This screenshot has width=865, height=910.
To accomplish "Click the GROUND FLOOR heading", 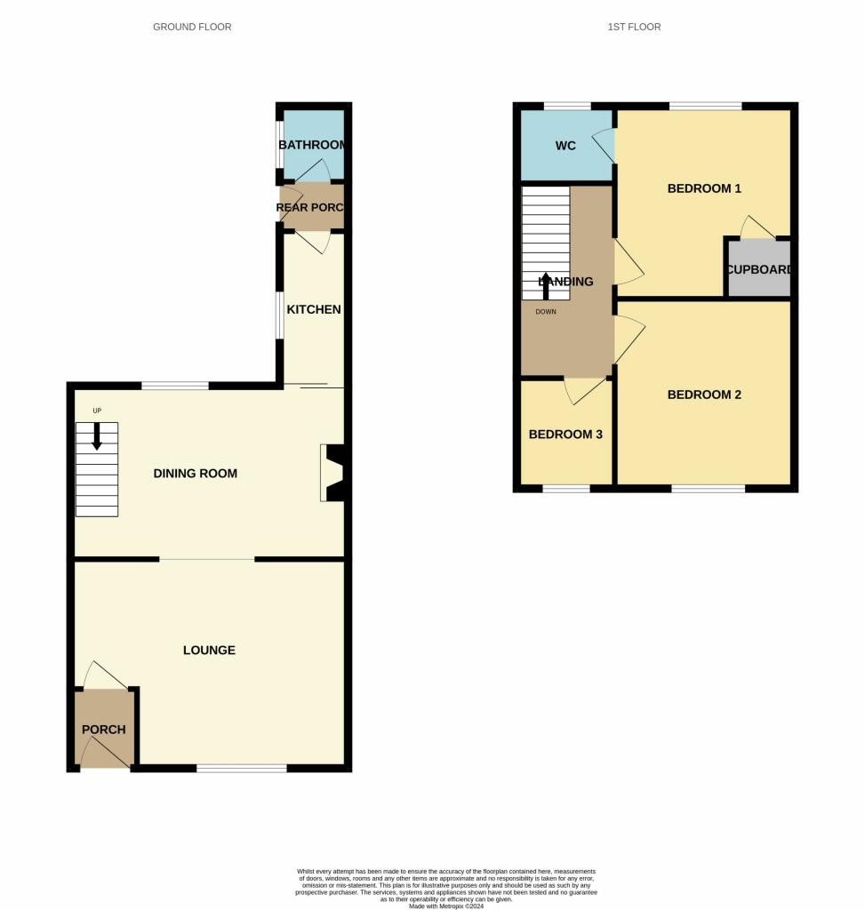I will coord(192,28).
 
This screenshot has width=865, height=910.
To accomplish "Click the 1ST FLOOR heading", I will coord(634,28).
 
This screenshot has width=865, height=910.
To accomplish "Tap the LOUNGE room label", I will coord(209,651).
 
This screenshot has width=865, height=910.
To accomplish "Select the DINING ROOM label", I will coord(196,474).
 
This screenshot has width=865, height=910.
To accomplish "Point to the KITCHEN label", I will coord(313,310).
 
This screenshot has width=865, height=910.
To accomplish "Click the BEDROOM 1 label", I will coord(704,188).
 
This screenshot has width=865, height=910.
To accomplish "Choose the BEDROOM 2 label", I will coord(704,395).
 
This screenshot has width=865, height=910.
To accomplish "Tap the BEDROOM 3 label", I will coord(565,435).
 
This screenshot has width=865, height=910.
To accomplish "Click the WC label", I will coord(565,146).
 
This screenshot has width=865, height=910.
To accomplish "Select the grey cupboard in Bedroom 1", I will coord(758,269).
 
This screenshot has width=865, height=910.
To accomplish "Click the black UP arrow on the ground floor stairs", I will coord(97,435).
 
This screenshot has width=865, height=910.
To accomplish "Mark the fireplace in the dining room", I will coord(335,473).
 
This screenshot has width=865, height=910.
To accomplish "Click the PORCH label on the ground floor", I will coord(104,730).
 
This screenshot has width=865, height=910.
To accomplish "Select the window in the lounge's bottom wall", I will coord(242,768).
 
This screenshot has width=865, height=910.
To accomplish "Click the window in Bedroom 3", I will coord(566,489).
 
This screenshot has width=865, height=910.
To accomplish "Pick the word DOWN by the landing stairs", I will coord(546,312).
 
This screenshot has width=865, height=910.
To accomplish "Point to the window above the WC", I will coord(567,107).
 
